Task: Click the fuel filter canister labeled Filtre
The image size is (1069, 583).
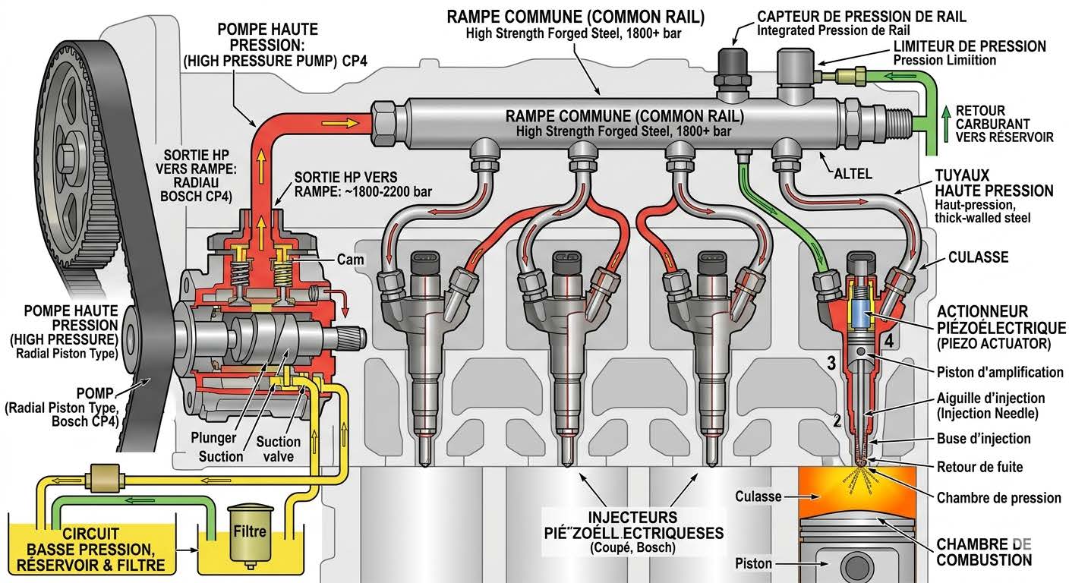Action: (x=250, y=534)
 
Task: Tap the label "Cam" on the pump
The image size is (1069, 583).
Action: (x=350, y=260)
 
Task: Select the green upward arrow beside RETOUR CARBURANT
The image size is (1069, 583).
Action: (x=945, y=121)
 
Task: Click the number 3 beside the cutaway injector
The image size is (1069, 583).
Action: (x=831, y=364)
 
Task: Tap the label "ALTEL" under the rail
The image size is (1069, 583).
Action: (x=853, y=174)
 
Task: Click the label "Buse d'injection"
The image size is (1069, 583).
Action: (x=984, y=439)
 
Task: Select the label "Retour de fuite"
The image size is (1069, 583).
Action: (x=980, y=467)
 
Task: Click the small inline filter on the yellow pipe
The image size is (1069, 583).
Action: (x=99, y=480)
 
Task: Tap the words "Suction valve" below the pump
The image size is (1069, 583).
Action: (x=278, y=449)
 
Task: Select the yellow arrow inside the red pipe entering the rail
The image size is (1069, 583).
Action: (x=345, y=121)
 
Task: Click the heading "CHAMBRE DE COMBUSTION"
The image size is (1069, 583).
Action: (x=984, y=553)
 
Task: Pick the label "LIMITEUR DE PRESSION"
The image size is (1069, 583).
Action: (x=969, y=46)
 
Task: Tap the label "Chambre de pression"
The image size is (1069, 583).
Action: (x=998, y=498)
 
